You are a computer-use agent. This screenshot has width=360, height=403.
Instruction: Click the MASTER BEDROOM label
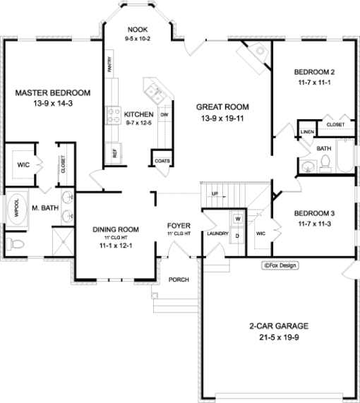[52, 93]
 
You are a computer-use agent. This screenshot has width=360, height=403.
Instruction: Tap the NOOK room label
[137, 29]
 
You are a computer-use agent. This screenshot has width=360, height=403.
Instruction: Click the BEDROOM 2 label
[313, 72]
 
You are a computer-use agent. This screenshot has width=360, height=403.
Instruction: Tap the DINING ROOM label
[116, 229]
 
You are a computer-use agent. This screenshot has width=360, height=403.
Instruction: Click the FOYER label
[176, 225]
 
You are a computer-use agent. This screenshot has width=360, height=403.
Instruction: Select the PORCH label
[179, 279]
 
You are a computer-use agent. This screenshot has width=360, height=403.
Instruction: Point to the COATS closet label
[162, 162]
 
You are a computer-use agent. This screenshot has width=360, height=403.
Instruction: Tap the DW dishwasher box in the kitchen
[164, 114]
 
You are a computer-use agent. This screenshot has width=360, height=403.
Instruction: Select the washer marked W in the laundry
[237, 219]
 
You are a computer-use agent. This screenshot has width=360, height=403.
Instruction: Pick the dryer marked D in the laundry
[237, 234]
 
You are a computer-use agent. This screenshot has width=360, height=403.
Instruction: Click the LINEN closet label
[306, 132]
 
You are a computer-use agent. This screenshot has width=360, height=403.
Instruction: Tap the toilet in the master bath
[17, 244]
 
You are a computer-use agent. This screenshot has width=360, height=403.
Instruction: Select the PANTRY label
[109, 66]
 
